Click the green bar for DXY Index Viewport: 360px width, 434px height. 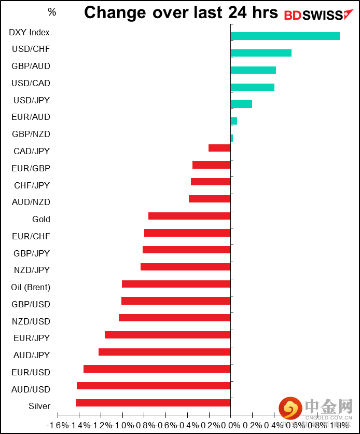[285, 36]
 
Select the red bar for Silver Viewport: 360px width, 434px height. [153, 403]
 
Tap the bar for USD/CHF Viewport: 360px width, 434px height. [261, 53]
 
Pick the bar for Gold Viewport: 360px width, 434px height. [189, 216]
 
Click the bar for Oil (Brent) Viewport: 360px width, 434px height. [176, 284]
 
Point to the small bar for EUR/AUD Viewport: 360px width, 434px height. [234, 121]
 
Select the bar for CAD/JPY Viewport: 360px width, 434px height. [219, 148]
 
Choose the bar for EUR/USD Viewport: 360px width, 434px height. [157, 369]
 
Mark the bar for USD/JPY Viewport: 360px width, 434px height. [241, 104]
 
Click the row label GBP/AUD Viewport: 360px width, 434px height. [31, 66]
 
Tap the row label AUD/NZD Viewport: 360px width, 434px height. [31, 202]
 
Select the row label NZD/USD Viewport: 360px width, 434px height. [31, 321]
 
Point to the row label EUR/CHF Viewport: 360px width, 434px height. [31, 236]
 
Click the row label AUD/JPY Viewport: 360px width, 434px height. [31, 355]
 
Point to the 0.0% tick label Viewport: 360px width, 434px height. [230, 425]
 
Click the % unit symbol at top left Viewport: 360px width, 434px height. [52, 11]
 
